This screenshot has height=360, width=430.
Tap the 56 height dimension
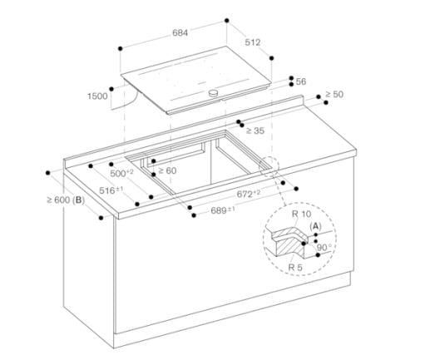pos(301,81)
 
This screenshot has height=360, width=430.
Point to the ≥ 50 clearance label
pos(333,95)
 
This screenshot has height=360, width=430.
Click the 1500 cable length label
pos(97,97)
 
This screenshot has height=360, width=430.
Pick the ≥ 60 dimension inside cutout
pos(167,170)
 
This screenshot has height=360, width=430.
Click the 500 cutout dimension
pos(122,174)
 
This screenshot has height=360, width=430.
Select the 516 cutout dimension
pos(111,190)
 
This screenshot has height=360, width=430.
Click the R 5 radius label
pos(295,266)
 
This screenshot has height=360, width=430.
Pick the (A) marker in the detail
pos(316,225)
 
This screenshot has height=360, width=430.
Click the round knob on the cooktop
pos(216,94)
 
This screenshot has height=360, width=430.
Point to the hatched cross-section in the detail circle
pos(292,244)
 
